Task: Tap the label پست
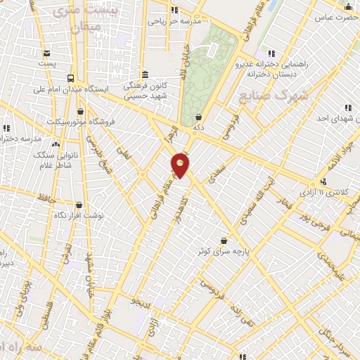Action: coord(46,63)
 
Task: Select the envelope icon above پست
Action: coord(47,53)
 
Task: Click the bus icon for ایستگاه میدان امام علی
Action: coord(70,79)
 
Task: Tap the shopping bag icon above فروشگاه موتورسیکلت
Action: coord(81,110)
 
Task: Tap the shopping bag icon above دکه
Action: coord(200,118)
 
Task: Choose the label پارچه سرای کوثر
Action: coord(224,250)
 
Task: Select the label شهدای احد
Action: coord(330,117)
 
